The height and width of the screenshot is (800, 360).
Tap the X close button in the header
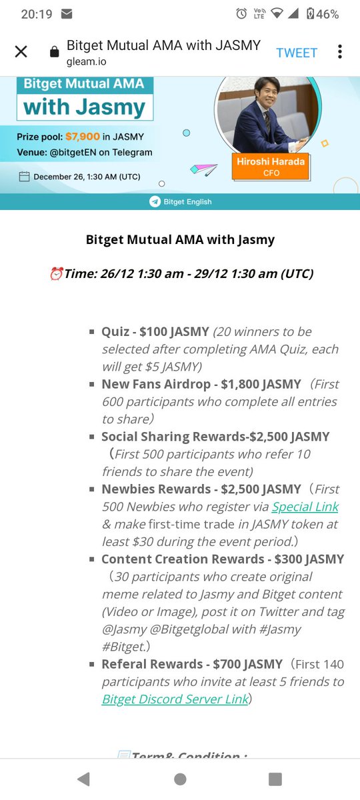(x=21, y=52)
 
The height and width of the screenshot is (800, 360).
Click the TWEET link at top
(x=297, y=53)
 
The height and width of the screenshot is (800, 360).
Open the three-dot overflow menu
(x=340, y=52)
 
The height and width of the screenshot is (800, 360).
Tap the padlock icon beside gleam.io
(x=55, y=53)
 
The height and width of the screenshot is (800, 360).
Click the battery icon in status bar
(x=310, y=14)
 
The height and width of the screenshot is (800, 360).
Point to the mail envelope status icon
(x=67, y=14)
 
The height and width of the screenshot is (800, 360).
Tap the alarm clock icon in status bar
(x=241, y=14)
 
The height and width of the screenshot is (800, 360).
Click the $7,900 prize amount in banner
(x=83, y=137)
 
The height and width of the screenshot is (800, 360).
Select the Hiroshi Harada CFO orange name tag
(x=270, y=167)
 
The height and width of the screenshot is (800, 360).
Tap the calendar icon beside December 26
(x=24, y=177)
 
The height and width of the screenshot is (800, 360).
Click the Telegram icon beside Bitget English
(x=155, y=201)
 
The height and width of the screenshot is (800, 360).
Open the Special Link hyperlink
(x=305, y=507)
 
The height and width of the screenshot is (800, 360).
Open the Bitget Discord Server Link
(x=175, y=699)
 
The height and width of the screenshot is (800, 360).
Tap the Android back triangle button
(x=83, y=779)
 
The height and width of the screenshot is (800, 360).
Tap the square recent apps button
(x=275, y=779)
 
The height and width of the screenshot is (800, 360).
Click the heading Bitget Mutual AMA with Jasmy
(x=180, y=239)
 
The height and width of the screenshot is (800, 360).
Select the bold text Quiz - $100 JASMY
(x=155, y=331)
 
